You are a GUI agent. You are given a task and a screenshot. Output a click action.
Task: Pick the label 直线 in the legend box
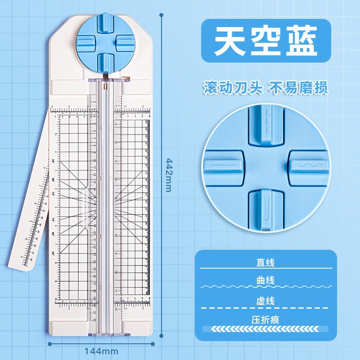pos(266,262)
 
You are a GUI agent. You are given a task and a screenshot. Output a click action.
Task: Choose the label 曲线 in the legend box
pos(266,280)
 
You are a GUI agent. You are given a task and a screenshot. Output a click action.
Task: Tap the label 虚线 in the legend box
pos(266,301)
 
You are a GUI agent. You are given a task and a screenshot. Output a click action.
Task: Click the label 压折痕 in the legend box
pos(266,320)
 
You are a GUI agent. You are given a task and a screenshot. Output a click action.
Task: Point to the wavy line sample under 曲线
pos(266,287)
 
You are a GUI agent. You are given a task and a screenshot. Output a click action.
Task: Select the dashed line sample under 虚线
pos(266,308)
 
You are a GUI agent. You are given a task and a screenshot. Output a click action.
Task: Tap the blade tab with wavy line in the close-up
pos(306,166)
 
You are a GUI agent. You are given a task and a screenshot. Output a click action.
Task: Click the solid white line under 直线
pos(266,269)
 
